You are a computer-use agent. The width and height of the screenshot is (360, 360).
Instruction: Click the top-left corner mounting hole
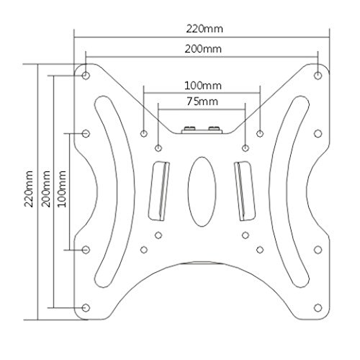(x=86, y=74)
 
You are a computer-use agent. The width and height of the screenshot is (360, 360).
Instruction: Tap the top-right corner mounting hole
(x=318, y=74)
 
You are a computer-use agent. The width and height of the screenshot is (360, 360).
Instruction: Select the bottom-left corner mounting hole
(x=86, y=307)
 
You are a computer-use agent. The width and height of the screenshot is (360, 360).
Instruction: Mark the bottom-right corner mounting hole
(x=318, y=307)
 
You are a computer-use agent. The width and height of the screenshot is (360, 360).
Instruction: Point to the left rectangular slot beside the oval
(x=158, y=191)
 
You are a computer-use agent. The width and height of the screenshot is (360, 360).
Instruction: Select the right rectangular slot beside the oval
(x=245, y=191)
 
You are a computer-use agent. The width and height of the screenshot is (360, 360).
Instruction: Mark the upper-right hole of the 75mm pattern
(x=246, y=148)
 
